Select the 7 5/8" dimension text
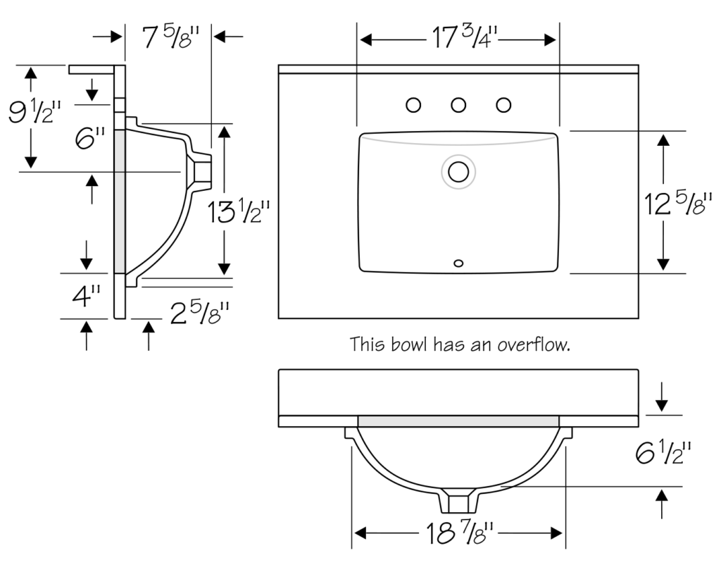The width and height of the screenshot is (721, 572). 168,37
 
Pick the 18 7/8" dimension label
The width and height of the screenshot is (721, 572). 458,533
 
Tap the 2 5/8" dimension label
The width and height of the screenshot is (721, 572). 201,311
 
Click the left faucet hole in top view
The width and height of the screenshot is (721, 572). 414,106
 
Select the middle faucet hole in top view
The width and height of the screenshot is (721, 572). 458,106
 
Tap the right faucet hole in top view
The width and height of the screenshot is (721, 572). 503,106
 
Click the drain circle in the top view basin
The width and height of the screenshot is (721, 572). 458,170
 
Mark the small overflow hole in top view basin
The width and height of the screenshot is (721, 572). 458,263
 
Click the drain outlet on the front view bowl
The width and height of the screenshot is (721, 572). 458,502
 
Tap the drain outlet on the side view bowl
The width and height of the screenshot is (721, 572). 203,171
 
